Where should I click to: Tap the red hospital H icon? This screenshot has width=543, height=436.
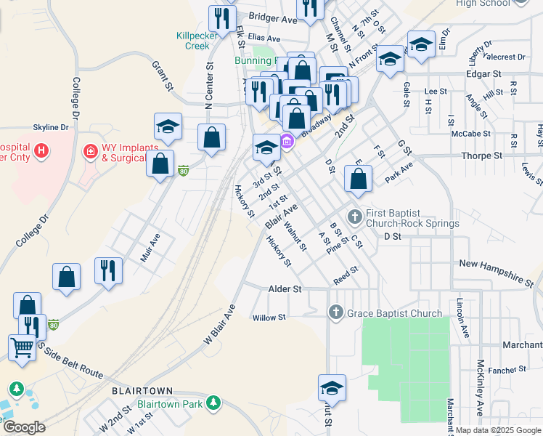coord(42,151)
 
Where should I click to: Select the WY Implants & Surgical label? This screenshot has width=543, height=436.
coord(129,152)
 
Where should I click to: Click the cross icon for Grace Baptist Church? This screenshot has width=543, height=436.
coord(335,313)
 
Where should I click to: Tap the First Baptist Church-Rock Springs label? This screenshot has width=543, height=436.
coord(412,219)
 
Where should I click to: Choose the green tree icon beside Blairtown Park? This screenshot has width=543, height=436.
coord(213,403)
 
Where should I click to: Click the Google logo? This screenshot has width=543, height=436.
coord(24,427)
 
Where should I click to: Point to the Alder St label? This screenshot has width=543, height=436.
coord(285,289)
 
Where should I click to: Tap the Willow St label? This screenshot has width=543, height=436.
coord(269,318)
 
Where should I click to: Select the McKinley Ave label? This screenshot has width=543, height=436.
coord(480,381)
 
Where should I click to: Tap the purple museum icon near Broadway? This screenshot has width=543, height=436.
coord(287,140)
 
